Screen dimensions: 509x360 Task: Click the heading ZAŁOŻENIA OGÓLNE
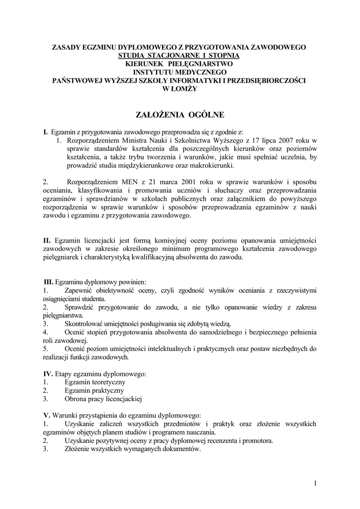coord(180,115)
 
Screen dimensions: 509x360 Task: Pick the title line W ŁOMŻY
coord(180,88)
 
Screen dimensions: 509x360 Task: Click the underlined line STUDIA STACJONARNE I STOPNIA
coord(180,56)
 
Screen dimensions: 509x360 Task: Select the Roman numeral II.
coord(47,241)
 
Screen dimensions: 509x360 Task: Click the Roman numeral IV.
coord(48,373)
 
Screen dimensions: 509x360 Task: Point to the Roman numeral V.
coord(47,415)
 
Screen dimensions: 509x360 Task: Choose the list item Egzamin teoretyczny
coord(94,382)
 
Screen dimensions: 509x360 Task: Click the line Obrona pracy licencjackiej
coord(103,399)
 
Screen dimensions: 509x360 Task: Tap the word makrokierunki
coord(212,166)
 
